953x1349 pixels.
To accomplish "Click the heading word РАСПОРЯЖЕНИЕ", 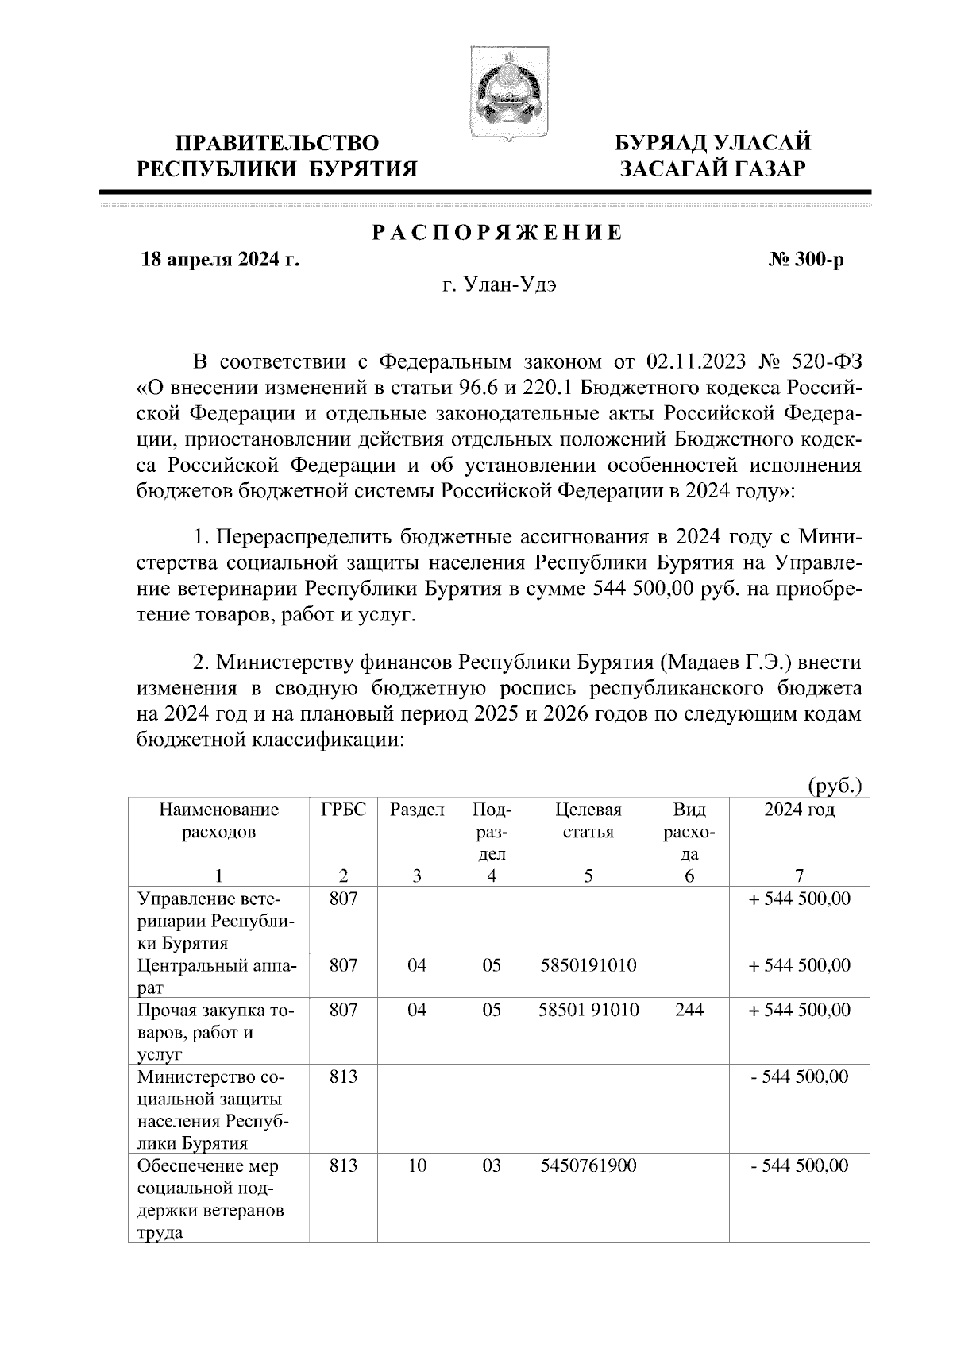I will coord(498,234).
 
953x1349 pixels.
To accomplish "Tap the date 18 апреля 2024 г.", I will coord(220,260).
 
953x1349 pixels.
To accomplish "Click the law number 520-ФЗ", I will coord(827,363).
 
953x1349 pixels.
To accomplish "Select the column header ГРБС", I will coord(343,810).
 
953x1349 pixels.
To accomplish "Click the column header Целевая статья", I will coord(588,821).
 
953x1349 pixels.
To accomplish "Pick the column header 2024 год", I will coord(799,810).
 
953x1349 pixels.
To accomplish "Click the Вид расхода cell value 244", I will coord(689,1010).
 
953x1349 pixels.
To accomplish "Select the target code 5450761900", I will coord(588,1165).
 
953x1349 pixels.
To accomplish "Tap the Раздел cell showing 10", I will coord(417,1165).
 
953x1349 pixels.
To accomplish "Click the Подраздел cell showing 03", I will coord(492,1165).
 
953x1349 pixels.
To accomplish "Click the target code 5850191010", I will coord(588,965).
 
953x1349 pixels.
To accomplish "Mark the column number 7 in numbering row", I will coord(799,875).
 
